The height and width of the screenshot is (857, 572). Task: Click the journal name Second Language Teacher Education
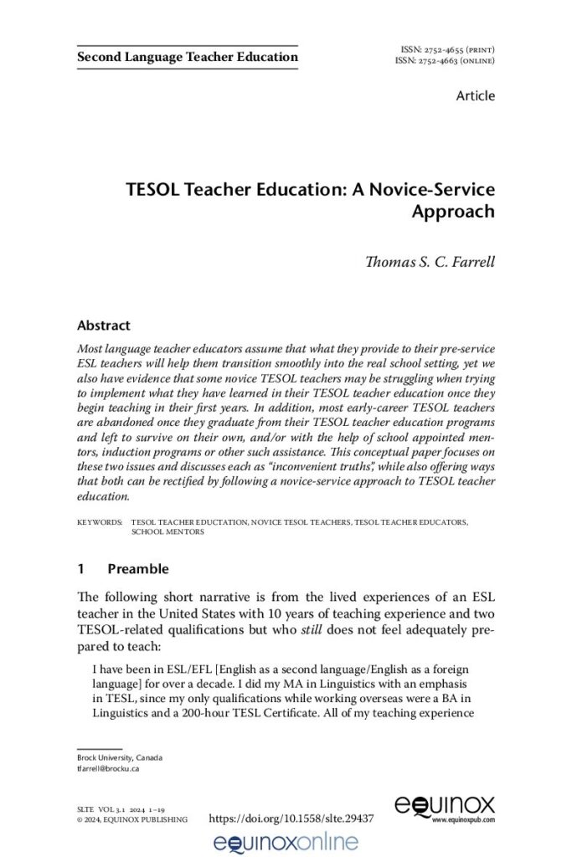point(187,57)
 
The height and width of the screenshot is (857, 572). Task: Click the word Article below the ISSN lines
point(475,95)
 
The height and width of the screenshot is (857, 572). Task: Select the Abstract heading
point(103,325)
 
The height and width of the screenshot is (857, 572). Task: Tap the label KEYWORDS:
point(99,521)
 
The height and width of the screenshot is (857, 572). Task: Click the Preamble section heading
point(138,569)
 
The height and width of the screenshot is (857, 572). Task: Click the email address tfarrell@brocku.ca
point(107,767)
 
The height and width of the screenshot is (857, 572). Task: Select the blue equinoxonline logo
point(286,841)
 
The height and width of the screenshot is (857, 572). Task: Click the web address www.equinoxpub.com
point(463,821)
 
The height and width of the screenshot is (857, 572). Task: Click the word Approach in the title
point(452,211)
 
